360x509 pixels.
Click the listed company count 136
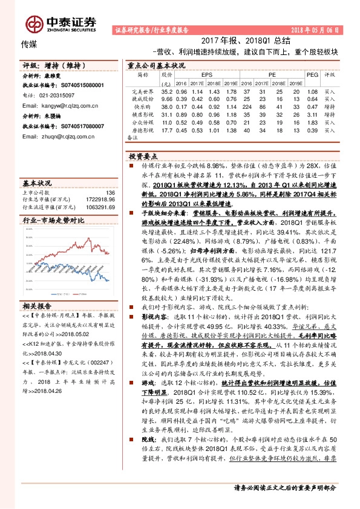click(110, 192)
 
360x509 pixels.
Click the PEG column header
click(312, 74)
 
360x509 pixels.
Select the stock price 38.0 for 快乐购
click(167, 106)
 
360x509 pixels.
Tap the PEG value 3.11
click(312, 114)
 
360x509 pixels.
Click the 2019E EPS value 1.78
click(229, 91)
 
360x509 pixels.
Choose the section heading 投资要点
click(143, 155)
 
